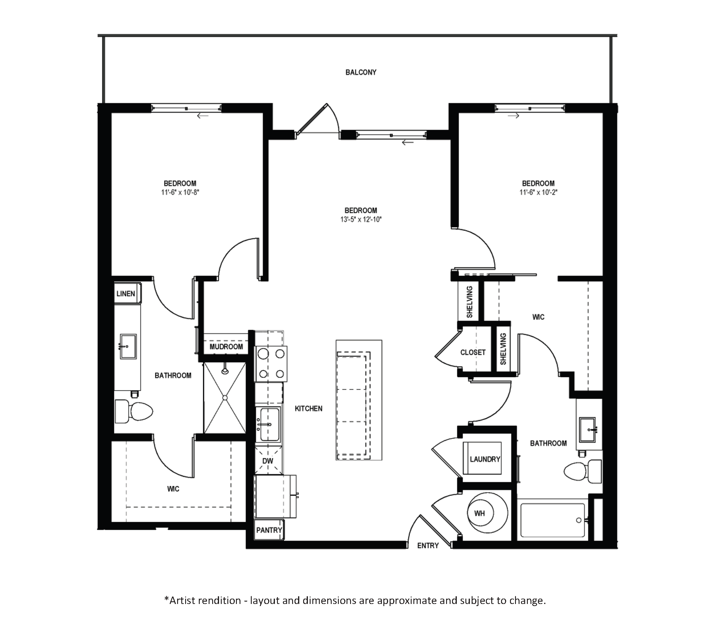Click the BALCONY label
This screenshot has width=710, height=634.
[x=360, y=72]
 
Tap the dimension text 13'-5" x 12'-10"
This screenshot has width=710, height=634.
[x=361, y=219]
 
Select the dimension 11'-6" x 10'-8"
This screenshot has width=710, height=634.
[x=180, y=192]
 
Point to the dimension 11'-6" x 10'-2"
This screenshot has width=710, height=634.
[x=538, y=192]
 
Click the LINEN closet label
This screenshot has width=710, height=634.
[x=126, y=294]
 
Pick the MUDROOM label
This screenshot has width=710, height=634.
[x=226, y=347]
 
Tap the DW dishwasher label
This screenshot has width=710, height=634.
[x=267, y=461]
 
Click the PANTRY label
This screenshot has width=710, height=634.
[x=269, y=530]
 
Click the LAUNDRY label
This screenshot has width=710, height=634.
[x=485, y=459]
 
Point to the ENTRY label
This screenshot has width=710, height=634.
[x=428, y=545]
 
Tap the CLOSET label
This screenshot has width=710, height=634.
[x=473, y=352]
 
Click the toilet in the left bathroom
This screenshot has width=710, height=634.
[x=134, y=411]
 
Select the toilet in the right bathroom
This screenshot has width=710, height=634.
[x=583, y=471]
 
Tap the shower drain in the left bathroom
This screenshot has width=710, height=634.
[x=225, y=397]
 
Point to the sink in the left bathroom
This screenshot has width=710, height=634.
[x=128, y=346]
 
